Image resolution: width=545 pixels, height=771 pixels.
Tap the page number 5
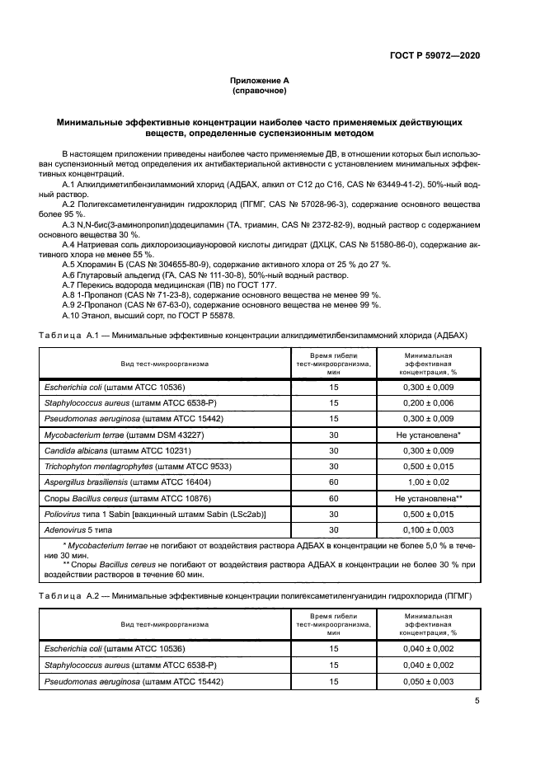(477, 702)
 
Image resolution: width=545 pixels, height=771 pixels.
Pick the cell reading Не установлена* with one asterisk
(427, 435)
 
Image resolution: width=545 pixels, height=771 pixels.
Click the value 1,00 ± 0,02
(427, 482)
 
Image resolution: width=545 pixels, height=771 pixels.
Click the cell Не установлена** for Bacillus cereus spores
(427, 499)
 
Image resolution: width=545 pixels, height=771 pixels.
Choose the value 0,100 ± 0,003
(427, 530)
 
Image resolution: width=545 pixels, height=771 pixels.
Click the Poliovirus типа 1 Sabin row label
(155, 515)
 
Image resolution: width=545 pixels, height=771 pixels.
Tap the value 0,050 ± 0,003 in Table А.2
(427, 681)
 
